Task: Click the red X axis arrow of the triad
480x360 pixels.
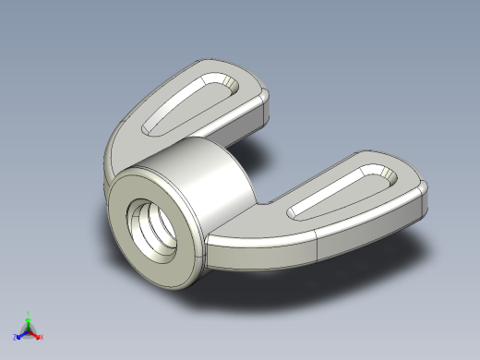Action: pyautogui.click(x=36, y=335)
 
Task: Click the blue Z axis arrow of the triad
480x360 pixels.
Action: pyautogui.click(x=20, y=335)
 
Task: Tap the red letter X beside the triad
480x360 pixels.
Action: pyautogui.click(x=42, y=338)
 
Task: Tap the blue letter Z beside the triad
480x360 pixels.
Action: pyautogui.click(x=15, y=338)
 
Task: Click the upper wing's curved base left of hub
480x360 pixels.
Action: pyautogui.click(x=120, y=148)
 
